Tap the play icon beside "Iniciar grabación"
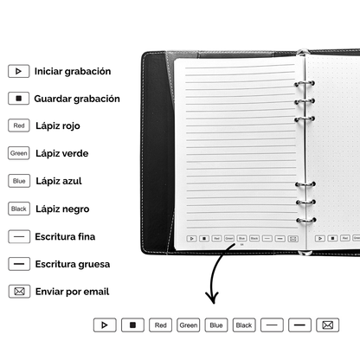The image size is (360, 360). tap(19, 71)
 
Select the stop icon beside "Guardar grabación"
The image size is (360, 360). tap(19, 99)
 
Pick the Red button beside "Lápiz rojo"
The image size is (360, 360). tap(19, 125)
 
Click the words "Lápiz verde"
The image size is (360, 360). tap(62, 153)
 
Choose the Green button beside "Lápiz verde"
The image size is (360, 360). tap(19, 153)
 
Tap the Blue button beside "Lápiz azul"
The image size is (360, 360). tap(19, 181)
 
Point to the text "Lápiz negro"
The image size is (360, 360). tap(62, 209)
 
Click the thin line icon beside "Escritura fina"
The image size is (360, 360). tap(19, 236)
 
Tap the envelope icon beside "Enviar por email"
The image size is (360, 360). tap(19, 292)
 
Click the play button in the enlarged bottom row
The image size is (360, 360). tap(104, 325)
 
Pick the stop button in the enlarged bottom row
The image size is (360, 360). tap(132, 325)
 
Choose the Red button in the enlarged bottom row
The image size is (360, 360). tap(159, 325)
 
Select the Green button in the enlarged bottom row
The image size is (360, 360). tap(188, 325)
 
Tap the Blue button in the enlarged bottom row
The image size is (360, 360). tap(216, 325)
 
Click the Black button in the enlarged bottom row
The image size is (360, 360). tap(244, 325)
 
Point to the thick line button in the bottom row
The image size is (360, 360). tap(300, 325)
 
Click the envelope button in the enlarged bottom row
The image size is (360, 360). tap(328, 325)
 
